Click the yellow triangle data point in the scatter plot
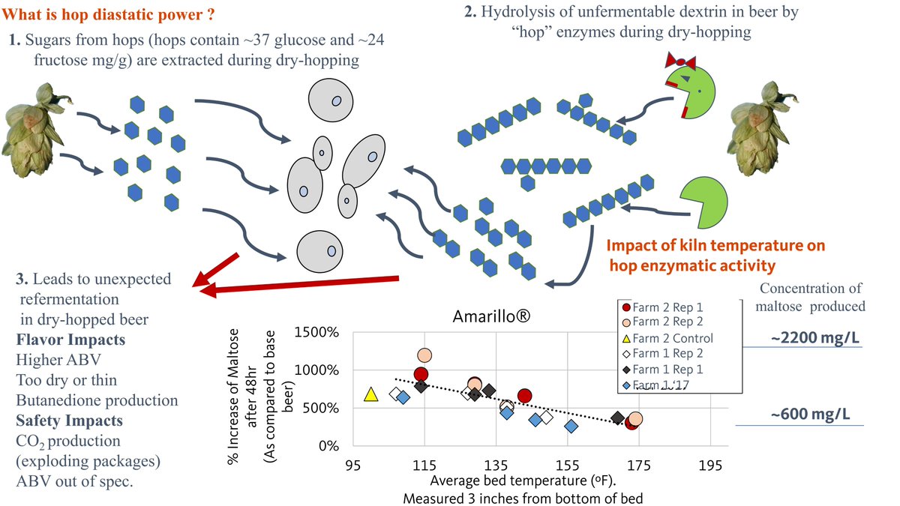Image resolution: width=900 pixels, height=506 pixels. [x=370, y=394]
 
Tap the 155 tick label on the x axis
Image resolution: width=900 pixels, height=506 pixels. [x=568, y=465]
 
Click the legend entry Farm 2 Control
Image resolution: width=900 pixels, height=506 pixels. [x=668, y=338]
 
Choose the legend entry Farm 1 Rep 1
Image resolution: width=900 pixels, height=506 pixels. [x=667, y=370]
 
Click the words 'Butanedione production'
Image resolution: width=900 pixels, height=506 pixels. [x=97, y=400]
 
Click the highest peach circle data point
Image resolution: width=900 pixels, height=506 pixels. [x=425, y=355]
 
